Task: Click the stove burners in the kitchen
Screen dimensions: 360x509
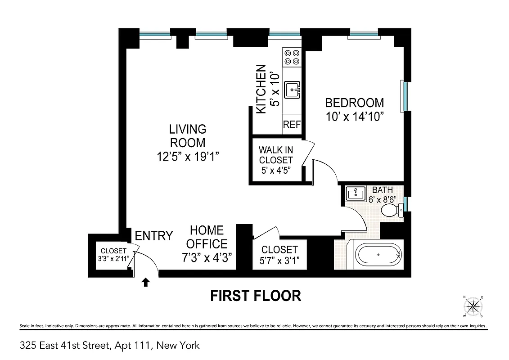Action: click(x=292, y=57)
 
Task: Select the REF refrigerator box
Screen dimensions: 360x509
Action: click(x=292, y=125)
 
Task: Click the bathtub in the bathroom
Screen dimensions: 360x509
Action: click(x=378, y=255)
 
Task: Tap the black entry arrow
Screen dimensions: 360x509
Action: click(x=145, y=282)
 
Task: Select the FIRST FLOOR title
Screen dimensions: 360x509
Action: click(x=256, y=296)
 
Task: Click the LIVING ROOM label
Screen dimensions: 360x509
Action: click(x=188, y=136)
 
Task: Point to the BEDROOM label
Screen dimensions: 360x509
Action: click(x=355, y=103)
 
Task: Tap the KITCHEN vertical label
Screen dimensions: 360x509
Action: click(x=261, y=89)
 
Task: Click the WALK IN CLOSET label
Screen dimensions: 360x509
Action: click(x=275, y=155)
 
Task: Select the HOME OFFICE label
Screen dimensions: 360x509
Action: click(x=207, y=237)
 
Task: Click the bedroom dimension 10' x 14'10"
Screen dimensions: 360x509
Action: click(x=355, y=117)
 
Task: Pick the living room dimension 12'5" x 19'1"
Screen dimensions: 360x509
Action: click(x=188, y=156)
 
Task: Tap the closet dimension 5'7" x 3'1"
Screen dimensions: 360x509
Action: click(x=279, y=261)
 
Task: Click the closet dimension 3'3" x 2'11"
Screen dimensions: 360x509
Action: click(x=113, y=258)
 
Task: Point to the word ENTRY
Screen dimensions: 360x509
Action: click(x=154, y=236)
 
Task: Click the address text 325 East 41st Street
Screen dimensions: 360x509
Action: click(x=65, y=346)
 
